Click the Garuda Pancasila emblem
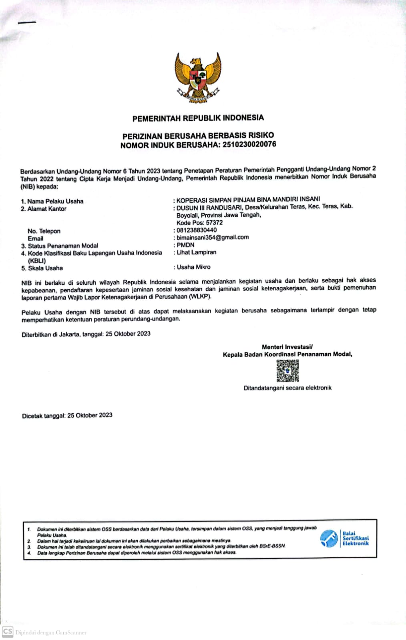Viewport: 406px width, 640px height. click(197, 78)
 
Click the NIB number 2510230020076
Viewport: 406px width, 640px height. click(249, 144)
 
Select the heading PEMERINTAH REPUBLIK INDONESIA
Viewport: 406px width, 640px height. click(198, 118)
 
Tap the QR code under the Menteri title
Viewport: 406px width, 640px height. click(287, 371)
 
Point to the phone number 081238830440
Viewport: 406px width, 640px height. click(197, 230)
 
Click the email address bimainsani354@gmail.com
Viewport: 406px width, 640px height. click(213, 237)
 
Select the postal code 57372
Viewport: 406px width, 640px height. click(214, 222)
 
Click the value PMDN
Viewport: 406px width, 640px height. click(185, 245)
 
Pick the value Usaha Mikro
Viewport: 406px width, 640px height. click(193, 267)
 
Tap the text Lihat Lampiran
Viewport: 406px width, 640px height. click(196, 252)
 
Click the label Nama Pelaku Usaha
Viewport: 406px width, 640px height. click(55, 201)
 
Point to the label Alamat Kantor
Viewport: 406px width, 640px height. click(47, 209)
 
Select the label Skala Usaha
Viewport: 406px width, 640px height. click(45, 268)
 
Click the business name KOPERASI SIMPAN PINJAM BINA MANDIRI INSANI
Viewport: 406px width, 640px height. click(248, 199)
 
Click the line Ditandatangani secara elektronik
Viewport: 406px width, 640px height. click(287, 388)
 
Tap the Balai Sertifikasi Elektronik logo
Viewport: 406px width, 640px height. click(344, 538)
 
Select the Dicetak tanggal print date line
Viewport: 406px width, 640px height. click(67, 416)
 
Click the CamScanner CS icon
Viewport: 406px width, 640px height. click(7, 632)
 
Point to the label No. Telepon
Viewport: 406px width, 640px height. click(44, 231)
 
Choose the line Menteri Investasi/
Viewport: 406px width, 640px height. click(287, 347)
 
